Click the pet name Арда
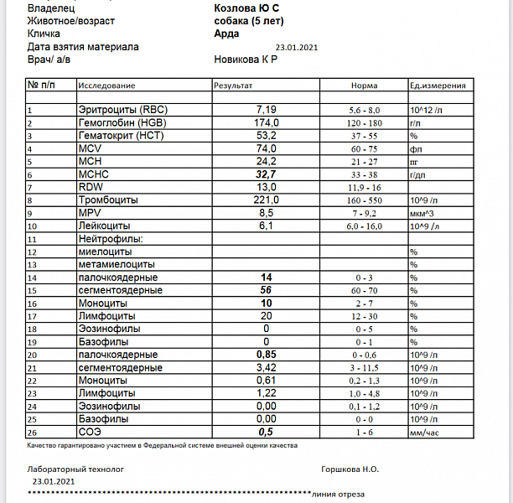click(226, 34)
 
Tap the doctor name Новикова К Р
click(246, 60)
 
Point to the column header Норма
click(364, 86)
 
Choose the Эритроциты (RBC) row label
click(122, 110)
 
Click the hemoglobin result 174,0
click(266, 122)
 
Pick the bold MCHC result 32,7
click(266, 174)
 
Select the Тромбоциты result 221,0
click(266, 200)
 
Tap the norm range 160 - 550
click(364, 200)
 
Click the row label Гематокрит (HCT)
click(121, 135)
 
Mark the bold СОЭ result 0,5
click(266, 431)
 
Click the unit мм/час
click(425, 432)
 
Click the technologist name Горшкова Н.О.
click(352, 469)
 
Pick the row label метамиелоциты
click(114, 264)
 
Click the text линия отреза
click(337, 494)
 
